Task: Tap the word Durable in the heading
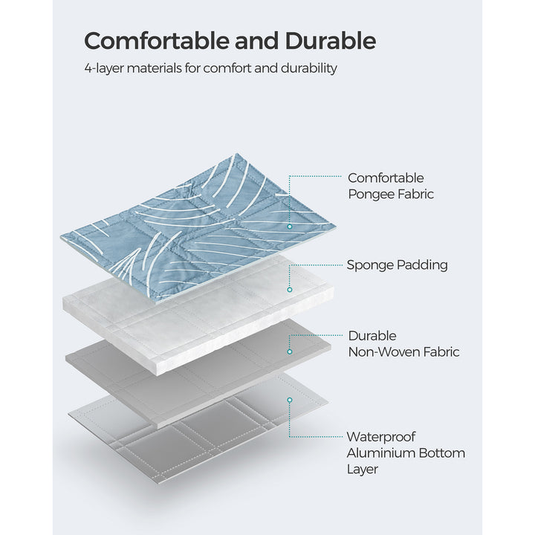click(331, 40)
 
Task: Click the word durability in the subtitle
click(305, 68)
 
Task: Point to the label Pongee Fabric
click(391, 195)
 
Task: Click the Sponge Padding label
click(397, 265)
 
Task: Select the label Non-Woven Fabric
click(403, 352)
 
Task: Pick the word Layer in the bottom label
click(363, 470)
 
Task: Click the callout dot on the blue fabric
click(290, 225)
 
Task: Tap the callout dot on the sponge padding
click(290, 289)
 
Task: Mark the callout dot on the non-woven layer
click(290, 351)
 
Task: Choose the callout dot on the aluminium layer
click(290, 400)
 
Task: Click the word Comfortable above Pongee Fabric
click(386, 178)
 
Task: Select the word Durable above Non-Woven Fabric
click(372, 336)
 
